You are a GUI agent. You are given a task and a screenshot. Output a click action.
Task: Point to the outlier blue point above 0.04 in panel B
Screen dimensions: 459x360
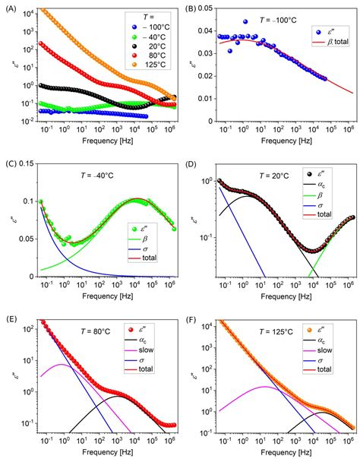pos(245,21)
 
